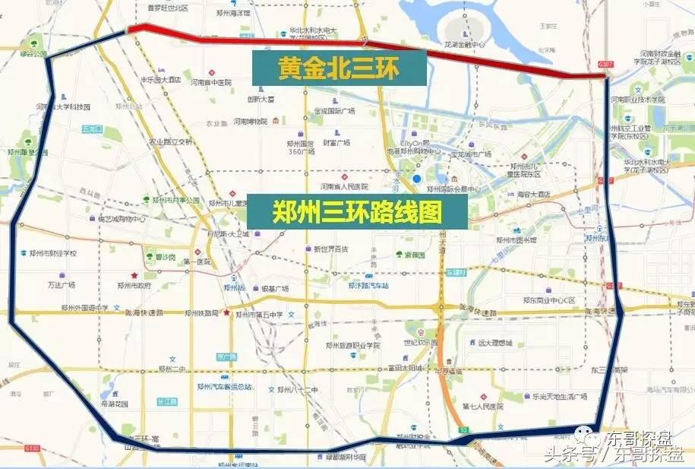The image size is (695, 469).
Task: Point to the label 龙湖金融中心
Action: click(483, 44)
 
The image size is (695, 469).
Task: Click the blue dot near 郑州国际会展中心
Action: click(418, 179)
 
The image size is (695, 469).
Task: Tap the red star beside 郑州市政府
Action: click(134, 275)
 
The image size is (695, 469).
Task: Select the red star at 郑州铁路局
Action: click(226, 312)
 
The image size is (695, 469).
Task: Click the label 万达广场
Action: click(62, 285)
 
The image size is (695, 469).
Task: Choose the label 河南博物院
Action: click(251, 122)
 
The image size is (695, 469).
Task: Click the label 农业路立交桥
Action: click(172, 141)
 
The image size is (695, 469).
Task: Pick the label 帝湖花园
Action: click(115, 404)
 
